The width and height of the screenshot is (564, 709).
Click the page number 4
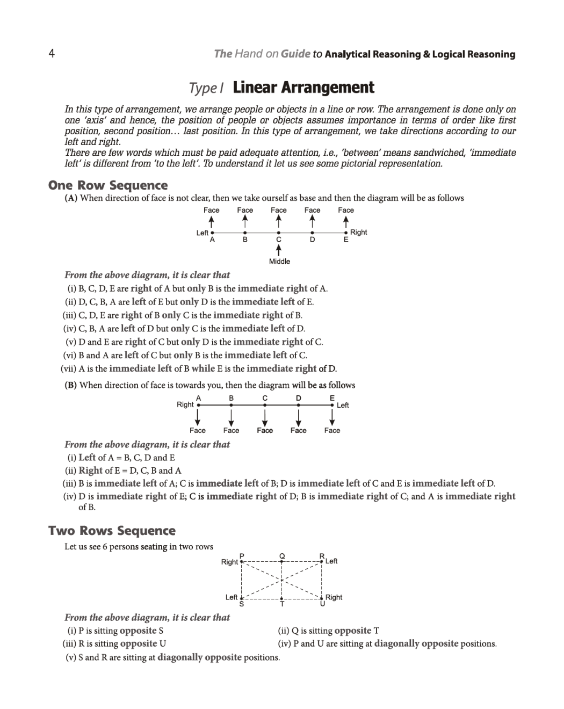click(x=52, y=53)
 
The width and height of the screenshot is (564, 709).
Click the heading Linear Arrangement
click(x=303, y=88)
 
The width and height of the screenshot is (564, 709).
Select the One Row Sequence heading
click(x=108, y=185)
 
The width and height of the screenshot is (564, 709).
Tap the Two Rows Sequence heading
click(x=112, y=531)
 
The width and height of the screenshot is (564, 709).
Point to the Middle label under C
click(x=279, y=262)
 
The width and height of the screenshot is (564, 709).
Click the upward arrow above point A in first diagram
click(x=212, y=221)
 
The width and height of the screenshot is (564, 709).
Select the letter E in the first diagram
click(x=346, y=240)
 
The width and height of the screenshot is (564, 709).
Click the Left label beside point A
click(x=202, y=233)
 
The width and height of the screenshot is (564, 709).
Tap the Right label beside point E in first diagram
click(x=358, y=232)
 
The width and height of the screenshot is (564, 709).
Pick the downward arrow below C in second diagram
click(x=265, y=416)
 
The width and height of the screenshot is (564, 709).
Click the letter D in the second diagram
click(x=299, y=398)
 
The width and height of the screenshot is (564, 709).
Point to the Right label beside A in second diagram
click(x=185, y=404)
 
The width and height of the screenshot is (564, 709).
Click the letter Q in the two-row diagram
click(x=282, y=555)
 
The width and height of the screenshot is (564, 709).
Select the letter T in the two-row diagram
click(x=282, y=604)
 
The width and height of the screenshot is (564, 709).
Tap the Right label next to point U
click(x=334, y=597)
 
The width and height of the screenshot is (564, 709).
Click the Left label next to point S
click(x=231, y=597)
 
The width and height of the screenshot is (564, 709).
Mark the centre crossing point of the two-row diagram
click(x=281, y=580)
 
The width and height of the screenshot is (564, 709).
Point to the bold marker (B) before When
click(x=71, y=385)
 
